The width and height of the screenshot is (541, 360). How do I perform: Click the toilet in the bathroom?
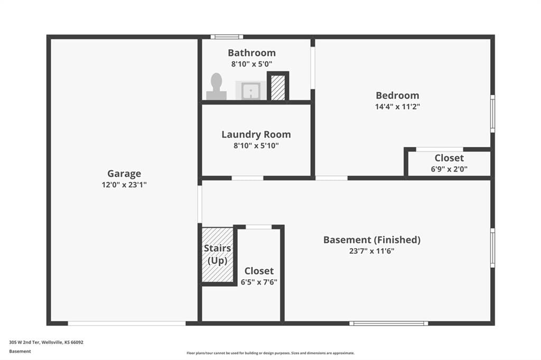pyautogui.click(x=216, y=87)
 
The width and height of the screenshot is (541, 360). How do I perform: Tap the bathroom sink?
pyautogui.click(x=251, y=91)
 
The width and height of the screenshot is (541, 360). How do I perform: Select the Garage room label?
pyautogui.click(x=124, y=174)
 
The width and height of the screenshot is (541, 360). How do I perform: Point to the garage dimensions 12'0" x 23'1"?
pyautogui.click(x=124, y=185)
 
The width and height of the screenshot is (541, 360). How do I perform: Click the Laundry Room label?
pyautogui.click(x=256, y=135)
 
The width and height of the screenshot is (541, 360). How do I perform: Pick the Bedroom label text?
pyautogui.click(x=397, y=96)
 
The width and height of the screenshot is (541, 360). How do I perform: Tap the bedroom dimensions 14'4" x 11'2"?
pyautogui.click(x=397, y=107)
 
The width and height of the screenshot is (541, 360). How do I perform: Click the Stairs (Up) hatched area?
pyautogui.click(x=218, y=255)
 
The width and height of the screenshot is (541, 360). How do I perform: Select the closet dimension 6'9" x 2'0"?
pyautogui.click(x=449, y=169)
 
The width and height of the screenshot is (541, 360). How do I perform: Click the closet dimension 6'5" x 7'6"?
pyautogui.click(x=259, y=282)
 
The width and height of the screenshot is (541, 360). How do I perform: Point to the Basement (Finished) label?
pyautogui.click(x=372, y=240)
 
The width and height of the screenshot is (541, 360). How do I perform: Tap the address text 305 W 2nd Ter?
pyautogui.click(x=24, y=343)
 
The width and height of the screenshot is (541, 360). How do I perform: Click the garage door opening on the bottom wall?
pyautogui.click(x=127, y=324)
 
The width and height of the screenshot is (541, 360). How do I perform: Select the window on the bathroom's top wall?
pyautogui.click(x=227, y=37)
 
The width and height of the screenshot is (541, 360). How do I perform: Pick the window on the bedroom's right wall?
pyautogui.click(x=493, y=114)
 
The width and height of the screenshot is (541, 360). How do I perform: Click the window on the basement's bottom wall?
pyautogui.click(x=389, y=324)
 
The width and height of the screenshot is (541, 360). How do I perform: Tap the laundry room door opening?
pyautogui.click(x=247, y=178)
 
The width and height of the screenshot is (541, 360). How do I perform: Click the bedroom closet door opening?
pyautogui.click(x=440, y=149)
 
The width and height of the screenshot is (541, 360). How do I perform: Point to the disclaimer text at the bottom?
pyautogui.click(x=270, y=353)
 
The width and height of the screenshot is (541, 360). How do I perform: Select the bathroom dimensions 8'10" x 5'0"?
pyautogui.click(x=252, y=64)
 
